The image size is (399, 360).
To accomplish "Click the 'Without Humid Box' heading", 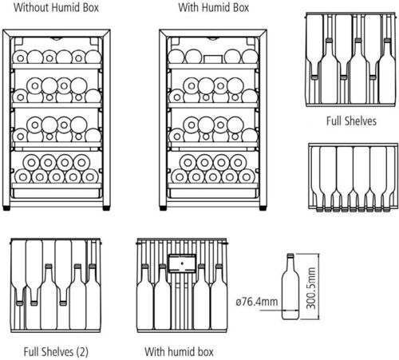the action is point(56,7).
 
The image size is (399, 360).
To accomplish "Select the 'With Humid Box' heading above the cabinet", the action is point(214,7).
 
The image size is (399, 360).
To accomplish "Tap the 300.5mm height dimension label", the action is point(311,288).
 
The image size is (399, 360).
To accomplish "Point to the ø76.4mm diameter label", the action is point(257,302).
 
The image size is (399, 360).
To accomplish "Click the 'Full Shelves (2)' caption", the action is point(56,352).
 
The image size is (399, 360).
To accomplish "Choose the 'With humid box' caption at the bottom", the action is point(179,352).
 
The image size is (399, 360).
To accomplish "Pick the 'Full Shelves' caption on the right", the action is point(351,121).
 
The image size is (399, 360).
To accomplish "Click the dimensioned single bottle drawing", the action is point(290,287).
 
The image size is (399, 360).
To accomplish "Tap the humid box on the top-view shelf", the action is point(182,263).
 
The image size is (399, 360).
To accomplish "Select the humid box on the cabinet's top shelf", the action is point(213,59).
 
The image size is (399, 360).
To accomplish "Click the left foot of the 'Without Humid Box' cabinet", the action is point(6,208).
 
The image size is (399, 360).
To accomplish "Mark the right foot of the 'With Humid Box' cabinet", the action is point(263,208).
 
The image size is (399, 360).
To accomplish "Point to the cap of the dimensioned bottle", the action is point(290,255).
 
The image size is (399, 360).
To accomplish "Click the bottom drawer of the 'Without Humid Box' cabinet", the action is point(56,193).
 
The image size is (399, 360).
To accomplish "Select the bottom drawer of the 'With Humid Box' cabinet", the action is point(213,193).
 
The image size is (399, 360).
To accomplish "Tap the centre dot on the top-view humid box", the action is point(182,263).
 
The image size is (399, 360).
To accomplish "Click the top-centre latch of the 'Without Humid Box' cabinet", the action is point(57,38).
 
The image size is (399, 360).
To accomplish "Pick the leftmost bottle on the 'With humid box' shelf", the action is point(144,297).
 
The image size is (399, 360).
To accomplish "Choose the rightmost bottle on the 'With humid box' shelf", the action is point(219,297).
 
